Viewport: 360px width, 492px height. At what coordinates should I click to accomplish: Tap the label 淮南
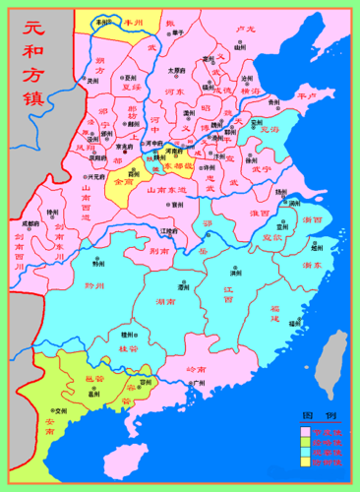[260, 212]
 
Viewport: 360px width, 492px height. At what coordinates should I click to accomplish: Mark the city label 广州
[198, 382]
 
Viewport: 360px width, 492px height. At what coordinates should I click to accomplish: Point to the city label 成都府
[31, 224]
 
